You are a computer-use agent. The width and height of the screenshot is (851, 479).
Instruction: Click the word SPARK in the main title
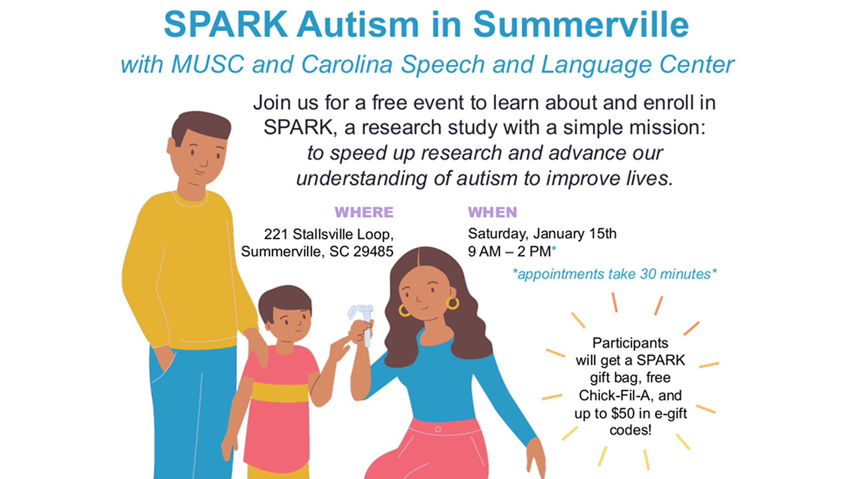coord(226,24)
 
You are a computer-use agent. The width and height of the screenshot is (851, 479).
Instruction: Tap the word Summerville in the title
coord(581,24)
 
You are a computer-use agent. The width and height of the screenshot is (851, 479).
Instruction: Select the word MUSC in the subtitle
coord(207,64)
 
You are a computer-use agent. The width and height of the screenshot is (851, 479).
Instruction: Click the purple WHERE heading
coord(364,212)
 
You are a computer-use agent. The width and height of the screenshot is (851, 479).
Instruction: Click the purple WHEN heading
coord(492,212)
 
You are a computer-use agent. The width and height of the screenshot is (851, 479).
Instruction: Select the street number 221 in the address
coord(276,234)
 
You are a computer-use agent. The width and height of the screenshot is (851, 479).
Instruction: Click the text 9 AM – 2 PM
coord(509,251)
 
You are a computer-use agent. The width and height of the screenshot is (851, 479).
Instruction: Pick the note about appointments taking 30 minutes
coord(615,274)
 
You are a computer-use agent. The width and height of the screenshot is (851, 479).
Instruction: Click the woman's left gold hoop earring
coord(404,310)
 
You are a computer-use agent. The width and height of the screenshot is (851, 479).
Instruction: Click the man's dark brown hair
coord(200,126)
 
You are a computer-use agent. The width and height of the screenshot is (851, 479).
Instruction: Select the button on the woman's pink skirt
coord(438,429)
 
